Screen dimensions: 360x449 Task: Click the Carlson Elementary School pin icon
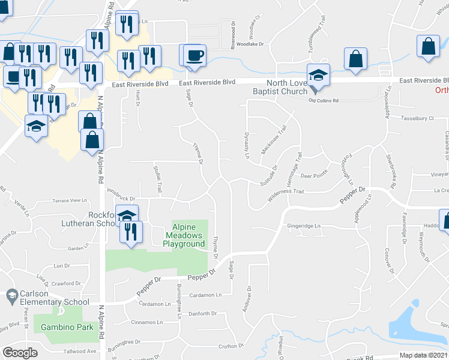(x=11, y=295)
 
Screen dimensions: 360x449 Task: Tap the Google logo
(x=20, y=352)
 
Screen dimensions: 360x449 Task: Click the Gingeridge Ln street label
(x=304, y=226)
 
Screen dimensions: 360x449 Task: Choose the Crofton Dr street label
(x=231, y=346)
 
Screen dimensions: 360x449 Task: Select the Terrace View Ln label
(x=70, y=200)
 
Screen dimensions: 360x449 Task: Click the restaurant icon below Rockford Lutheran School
(x=131, y=232)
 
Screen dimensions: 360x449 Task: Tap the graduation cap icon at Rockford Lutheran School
(x=127, y=216)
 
